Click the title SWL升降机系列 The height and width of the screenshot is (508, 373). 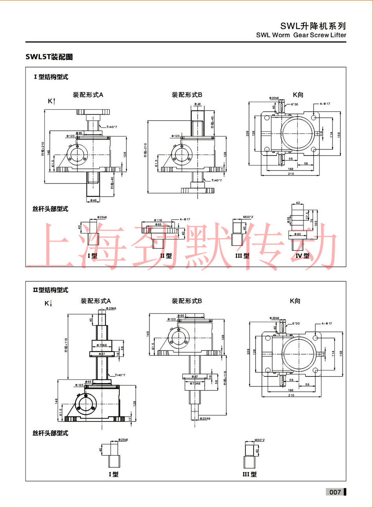[x=313, y=26]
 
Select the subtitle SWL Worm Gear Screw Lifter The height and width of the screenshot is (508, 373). [x=301, y=35]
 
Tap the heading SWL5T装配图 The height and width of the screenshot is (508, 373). [x=49, y=57]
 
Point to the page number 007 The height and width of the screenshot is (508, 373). [x=335, y=492]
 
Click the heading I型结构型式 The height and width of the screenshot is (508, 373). [x=51, y=77]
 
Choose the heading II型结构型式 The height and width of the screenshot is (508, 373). [x=51, y=290]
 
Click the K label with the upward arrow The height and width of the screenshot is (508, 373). [x=51, y=101]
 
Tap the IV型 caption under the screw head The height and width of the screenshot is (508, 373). [x=302, y=256]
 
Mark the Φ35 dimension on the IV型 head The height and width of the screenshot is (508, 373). [x=289, y=219]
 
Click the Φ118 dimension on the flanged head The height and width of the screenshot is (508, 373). [x=158, y=220]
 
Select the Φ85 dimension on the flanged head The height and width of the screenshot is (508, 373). [x=158, y=225]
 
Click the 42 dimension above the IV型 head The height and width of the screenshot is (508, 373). [x=298, y=203]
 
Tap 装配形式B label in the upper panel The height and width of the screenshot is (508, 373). [x=187, y=95]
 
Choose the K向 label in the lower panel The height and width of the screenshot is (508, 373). [x=295, y=301]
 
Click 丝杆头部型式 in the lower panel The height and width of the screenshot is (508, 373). [x=50, y=433]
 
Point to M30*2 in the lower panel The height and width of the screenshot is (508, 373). [x=260, y=440]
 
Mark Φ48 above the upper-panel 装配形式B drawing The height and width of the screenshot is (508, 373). [x=197, y=104]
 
